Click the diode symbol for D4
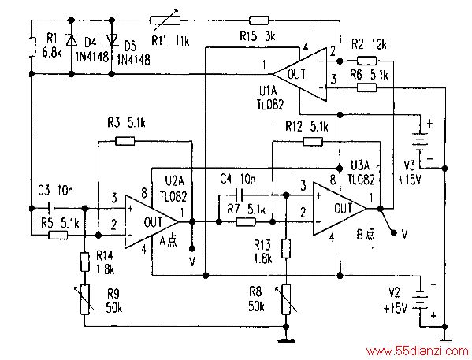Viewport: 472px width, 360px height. coord(72,40)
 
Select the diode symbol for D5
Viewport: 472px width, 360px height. coord(112,40)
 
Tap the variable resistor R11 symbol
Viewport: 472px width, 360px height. coord(165,20)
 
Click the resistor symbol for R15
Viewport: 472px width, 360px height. coord(259,20)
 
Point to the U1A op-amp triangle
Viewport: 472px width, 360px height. coord(300,74)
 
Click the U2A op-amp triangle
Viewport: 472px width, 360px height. coord(151,222)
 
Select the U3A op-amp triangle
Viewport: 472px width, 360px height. coord(340,208)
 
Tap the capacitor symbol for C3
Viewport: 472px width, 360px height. coord(51,208)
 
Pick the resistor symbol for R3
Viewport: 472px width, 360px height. coord(125,141)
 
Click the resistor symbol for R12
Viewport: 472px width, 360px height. coord(313,141)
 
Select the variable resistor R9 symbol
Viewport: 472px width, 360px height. coord(85,299)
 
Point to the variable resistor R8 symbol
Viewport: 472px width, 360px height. coord(286,299)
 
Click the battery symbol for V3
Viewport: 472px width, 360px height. coord(420,141)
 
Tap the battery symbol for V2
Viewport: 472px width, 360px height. coord(420,299)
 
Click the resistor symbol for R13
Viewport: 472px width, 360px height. coord(286,249)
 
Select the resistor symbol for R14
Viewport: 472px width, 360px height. coord(85,262)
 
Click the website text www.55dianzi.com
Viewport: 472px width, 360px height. coord(417,351)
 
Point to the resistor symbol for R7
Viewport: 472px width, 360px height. coord(246,222)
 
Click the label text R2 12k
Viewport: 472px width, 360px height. coord(369,45)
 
